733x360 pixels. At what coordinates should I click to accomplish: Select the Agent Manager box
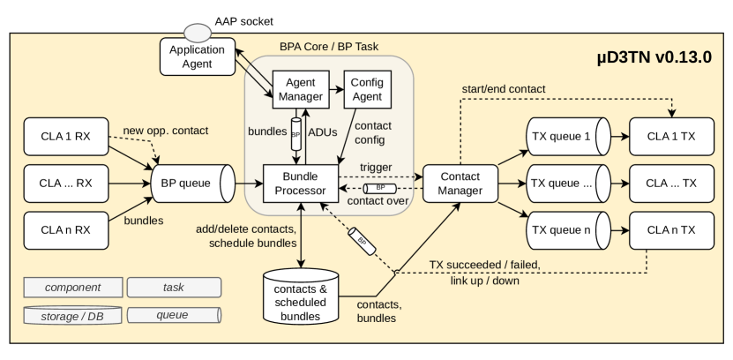tap(300, 86)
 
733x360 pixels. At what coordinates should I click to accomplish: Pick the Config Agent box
tap(367, 86)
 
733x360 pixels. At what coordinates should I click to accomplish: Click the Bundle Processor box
tap(300, 184)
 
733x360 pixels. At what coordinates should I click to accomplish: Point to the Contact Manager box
tap(460, 184)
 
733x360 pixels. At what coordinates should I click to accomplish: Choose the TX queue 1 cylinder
tap(563, 139)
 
